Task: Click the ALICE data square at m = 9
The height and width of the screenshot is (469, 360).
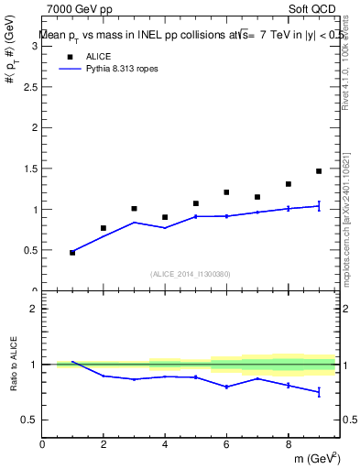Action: coord(319,171)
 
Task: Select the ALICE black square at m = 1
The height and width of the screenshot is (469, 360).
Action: coord(72,252)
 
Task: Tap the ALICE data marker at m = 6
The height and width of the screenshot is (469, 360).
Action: coord(226,192)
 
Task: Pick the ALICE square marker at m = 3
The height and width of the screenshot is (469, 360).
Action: coord(134,209)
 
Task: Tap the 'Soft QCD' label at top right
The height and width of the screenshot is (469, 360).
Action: coord(314,9)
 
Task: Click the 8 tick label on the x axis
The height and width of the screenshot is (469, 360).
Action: coord(288,446)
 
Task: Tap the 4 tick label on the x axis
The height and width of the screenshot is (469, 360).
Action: coord(165,446)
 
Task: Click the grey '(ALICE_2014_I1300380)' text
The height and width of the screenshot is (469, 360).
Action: coord(190,274)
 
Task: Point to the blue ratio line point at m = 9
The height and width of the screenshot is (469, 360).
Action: coord(319,392)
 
